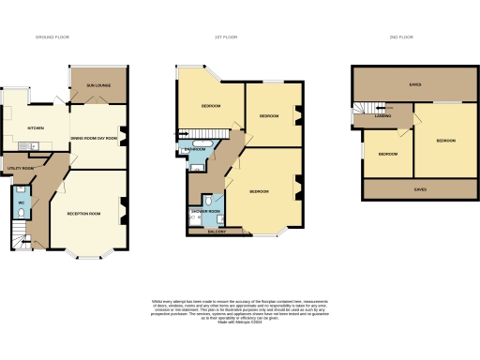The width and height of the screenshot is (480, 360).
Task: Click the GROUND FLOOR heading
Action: [52, 37]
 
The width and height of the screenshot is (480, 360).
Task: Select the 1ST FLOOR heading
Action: [223, 37]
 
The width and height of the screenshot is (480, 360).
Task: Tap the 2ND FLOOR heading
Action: [400, 37]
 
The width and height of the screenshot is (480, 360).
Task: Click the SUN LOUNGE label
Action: [99, 84]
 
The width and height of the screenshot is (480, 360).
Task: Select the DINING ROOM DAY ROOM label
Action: [95, 138]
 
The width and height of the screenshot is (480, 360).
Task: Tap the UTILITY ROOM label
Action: [20, 168]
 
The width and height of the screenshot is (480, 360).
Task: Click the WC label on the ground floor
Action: [21, 201]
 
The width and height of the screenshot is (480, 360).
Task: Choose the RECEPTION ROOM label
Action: [83, 214]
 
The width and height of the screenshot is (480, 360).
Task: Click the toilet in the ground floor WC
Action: [21, 213]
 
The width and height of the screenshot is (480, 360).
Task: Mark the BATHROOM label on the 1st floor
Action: [195, 149]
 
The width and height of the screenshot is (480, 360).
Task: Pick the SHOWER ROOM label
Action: [204, 211]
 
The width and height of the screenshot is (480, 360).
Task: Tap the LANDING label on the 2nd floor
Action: [384, 117]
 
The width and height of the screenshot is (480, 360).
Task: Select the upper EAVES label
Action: [414, 84]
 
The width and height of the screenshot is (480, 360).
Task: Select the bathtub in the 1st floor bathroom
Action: [193, 159]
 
